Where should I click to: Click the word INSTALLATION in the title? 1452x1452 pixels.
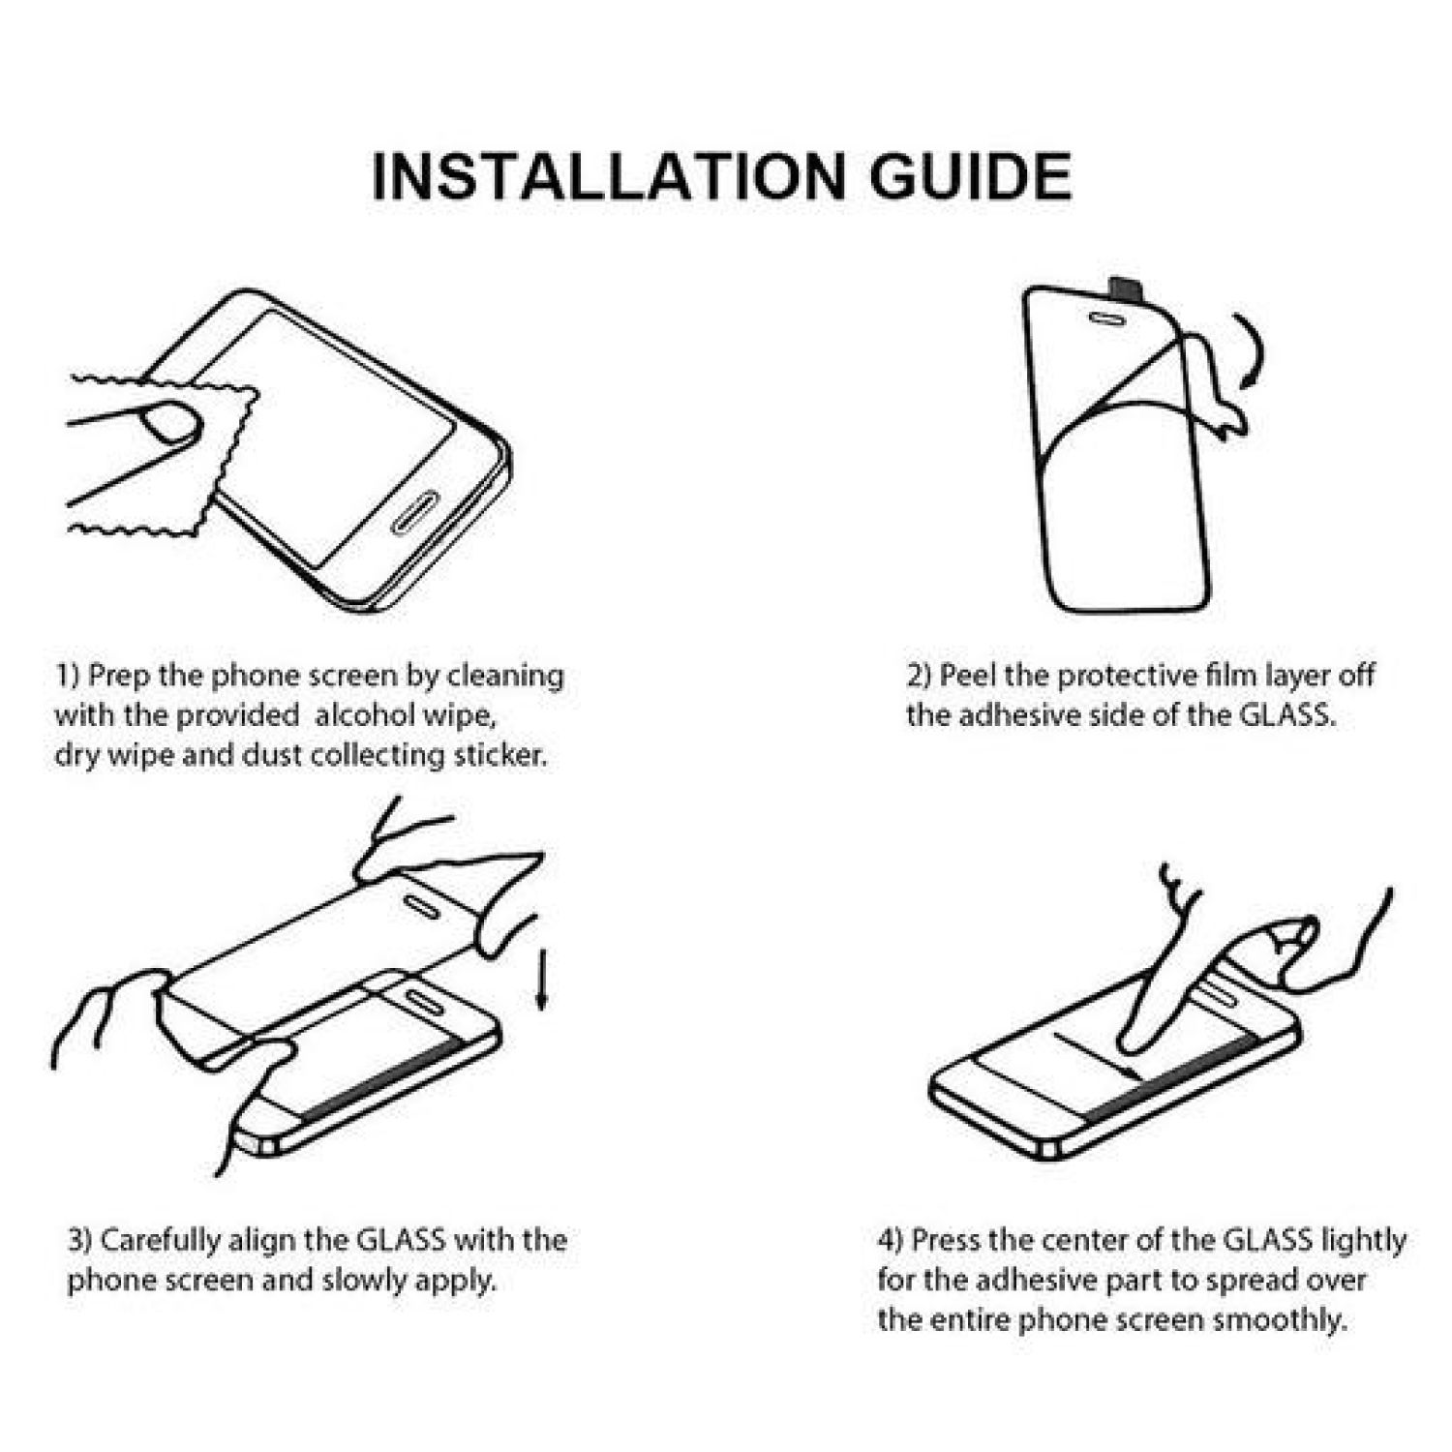coord(608,176)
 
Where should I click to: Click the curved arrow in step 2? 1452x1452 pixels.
coord(1255,350)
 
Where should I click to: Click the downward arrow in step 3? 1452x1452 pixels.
coord(542,980)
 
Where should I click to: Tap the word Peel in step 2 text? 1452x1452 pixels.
coord(969,675)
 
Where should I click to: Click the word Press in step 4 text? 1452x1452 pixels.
coord(947,1240)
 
